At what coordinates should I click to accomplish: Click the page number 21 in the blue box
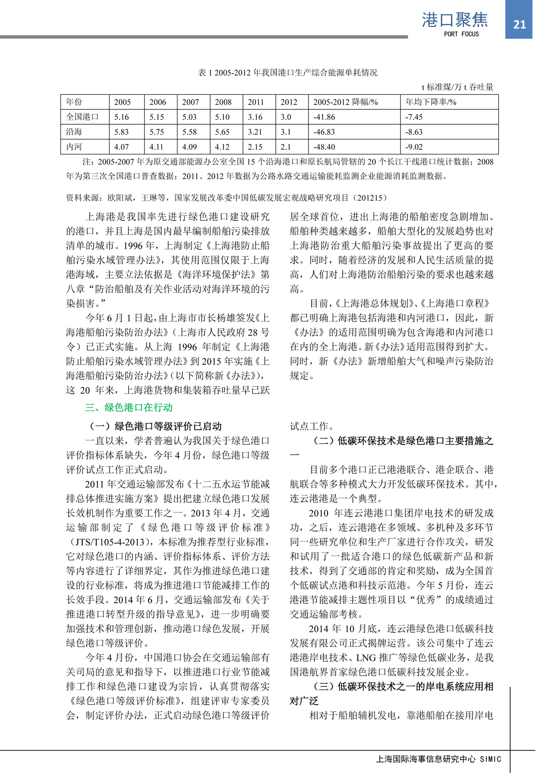[x=519, y=24]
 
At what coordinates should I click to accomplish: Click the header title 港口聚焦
[x=455, y=20]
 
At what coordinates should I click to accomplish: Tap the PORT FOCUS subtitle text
[x=461, y=34]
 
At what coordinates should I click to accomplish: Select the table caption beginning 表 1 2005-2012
[x=288, y=72]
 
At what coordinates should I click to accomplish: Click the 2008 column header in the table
[x=223, y=102]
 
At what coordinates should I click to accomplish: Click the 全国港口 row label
[x=82, y=117]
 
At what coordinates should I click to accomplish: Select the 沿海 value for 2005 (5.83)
[x=121, y=132]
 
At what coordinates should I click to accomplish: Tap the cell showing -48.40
[x=324, y=147]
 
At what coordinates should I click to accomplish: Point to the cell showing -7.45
[x=414, y=117]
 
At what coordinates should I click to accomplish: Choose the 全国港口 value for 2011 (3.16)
[x=255, y=117]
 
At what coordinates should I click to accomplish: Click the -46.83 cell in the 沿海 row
[x=324, y=132]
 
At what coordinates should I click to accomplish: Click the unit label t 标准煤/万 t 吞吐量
[x=457, y=87]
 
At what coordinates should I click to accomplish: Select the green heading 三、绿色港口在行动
[x=129, y=407]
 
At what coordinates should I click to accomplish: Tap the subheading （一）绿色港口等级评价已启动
[x=155, y=426]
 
